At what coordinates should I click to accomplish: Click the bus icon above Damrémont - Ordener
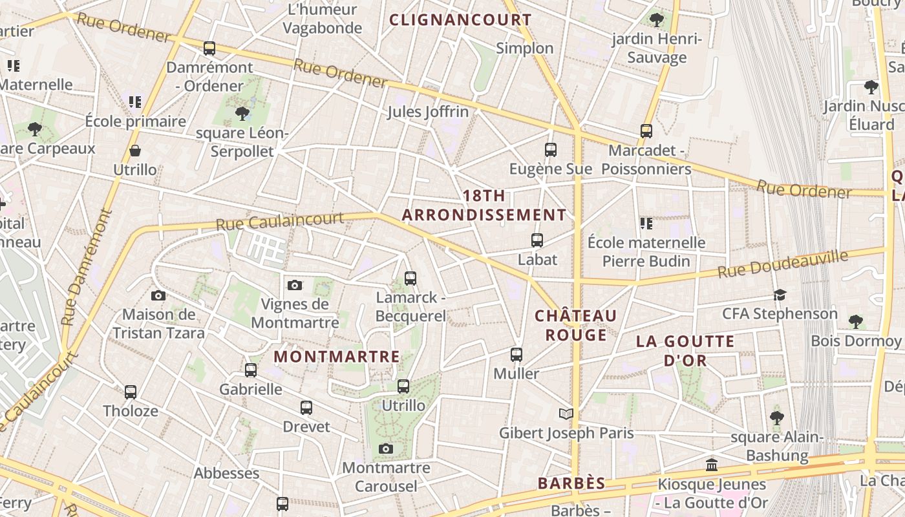pos(209,48)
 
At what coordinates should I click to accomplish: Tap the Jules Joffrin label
pos(427,112)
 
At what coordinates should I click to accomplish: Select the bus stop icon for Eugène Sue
pos(550,150)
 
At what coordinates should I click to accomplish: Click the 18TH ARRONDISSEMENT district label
pos(484,206)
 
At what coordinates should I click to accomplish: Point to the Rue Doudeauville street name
pos(783,264)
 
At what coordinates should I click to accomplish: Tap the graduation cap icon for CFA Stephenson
pos(780,295)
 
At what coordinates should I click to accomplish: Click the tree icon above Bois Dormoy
pos(855,321)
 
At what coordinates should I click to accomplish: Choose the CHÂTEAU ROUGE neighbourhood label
pos(576,325)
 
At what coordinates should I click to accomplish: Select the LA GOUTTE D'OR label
pos(686,350)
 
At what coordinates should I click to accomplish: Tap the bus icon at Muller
pos(516,355)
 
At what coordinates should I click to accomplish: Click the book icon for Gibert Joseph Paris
pos(566,414)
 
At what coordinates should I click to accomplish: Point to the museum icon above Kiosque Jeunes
pos(712,465)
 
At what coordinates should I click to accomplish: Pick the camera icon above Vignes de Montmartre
pos(294,285)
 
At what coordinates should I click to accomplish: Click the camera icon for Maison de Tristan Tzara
pos(158,296)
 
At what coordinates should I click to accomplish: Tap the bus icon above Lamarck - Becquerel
pos(410,279)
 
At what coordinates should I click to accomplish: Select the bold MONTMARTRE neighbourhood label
pos(337,357)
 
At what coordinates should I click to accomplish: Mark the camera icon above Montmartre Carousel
pos(386,448)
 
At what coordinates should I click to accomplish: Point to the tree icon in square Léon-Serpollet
pos(242,114)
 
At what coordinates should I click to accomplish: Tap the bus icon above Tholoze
pos(131,392)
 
